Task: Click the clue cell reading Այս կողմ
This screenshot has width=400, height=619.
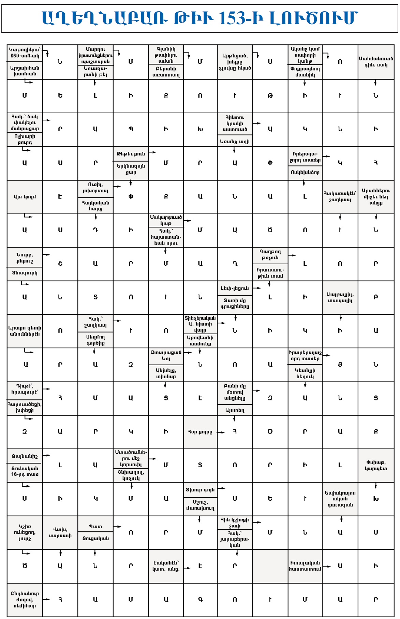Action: tap(25, 197)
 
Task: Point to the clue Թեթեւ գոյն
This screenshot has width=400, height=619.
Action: tap(131, 154)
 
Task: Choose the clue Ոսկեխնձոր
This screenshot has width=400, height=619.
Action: tap(305, 172)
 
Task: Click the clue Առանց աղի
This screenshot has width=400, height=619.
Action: tap(235, 141)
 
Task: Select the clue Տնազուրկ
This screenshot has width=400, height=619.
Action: tap(25, 273)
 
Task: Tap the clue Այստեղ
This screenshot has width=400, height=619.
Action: tap(235, 410)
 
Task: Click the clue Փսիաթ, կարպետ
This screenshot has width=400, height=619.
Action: tap(376, 465)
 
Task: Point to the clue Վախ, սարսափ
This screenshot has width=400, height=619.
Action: tap(60, 532)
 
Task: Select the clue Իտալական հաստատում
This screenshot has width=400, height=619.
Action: tap(305, 566)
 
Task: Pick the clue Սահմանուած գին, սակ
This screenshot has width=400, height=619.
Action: tap(376, 62)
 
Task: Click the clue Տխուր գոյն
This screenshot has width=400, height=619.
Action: tap(200, 490)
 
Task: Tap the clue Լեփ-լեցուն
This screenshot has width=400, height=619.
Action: tap(235, 288)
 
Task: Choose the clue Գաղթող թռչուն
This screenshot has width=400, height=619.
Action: tap(270, 255)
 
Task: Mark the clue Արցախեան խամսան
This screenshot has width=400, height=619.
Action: tap(25, 71)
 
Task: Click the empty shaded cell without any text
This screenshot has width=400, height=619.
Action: tap(270, 566)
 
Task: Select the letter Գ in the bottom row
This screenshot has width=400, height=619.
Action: tap(200, 599)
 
